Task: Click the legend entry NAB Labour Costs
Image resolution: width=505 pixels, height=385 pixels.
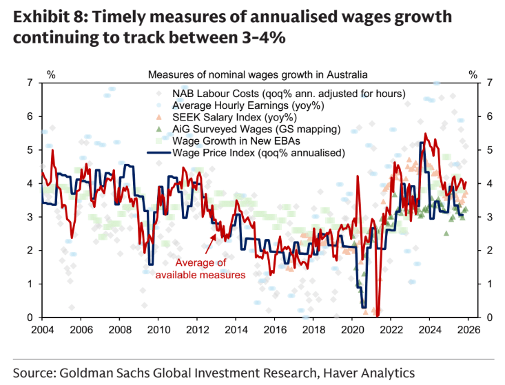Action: [x=288, y=93]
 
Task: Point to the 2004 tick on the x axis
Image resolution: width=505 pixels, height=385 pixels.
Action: [x=42, y=329]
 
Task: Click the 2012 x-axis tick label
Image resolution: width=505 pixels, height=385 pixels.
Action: [x=198, y=329]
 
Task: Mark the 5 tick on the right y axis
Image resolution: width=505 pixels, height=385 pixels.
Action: [x=490, y=149]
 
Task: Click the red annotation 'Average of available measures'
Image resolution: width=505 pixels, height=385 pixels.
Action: [x=200, y=269]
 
